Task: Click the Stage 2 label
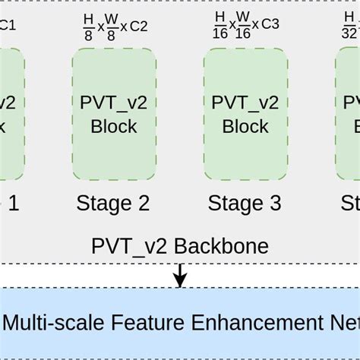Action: point(113,203)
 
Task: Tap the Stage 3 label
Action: point(245,203)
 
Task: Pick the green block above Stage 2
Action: point(114,113)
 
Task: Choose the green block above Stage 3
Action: point(245,113)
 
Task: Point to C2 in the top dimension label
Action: point(138,26)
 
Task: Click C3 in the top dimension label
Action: point(270,24)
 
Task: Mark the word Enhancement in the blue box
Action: point(251,323)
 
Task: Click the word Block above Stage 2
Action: point(114,126)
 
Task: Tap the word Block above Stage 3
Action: point(245,126)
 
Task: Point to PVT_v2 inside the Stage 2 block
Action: point(114,102)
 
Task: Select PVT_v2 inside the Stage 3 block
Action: point(245,102)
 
